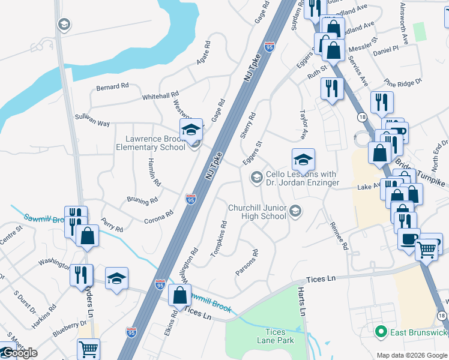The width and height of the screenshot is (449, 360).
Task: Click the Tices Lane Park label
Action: [279, 336]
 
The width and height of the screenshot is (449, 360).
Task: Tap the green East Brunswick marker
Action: [379, 331]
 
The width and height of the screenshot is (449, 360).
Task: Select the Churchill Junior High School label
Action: [257, 212]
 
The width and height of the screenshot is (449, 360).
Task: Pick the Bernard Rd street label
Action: [112, 87]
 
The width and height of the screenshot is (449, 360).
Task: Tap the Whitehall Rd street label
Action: [160, 96]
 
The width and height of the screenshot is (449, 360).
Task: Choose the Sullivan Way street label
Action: [92, 120]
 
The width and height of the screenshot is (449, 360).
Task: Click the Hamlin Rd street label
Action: [154, 173]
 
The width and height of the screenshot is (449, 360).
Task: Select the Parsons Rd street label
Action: [247, 263]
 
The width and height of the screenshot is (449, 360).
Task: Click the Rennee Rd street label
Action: [339, 236]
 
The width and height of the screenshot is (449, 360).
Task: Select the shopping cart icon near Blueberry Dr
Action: [88, 348]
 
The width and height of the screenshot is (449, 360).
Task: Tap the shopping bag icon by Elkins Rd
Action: [179, 295]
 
